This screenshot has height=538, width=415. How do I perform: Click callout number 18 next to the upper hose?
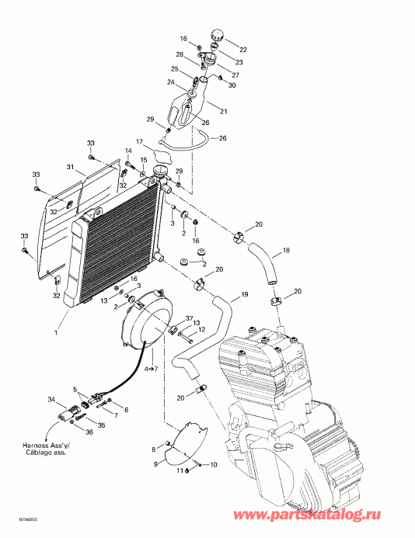[x=286, y=251]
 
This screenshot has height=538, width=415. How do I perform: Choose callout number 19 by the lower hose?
[x=245, y=295]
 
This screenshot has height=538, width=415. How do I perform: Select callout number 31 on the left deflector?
[x=70, y=168]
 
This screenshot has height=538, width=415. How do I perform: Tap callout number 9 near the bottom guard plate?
[x=154, y=464]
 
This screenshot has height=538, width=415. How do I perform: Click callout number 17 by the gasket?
[x=140, y=142]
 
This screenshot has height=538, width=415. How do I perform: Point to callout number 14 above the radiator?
[x=129, y=150]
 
